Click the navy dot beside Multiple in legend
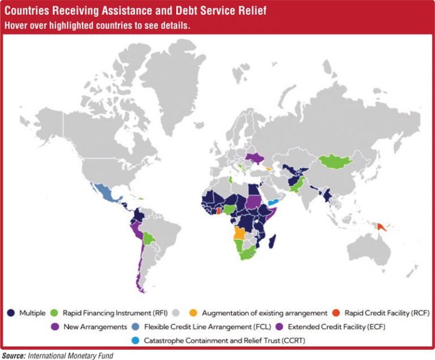pos(11,312)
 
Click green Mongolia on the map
pos(338,162)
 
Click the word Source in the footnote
pos(14,355)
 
